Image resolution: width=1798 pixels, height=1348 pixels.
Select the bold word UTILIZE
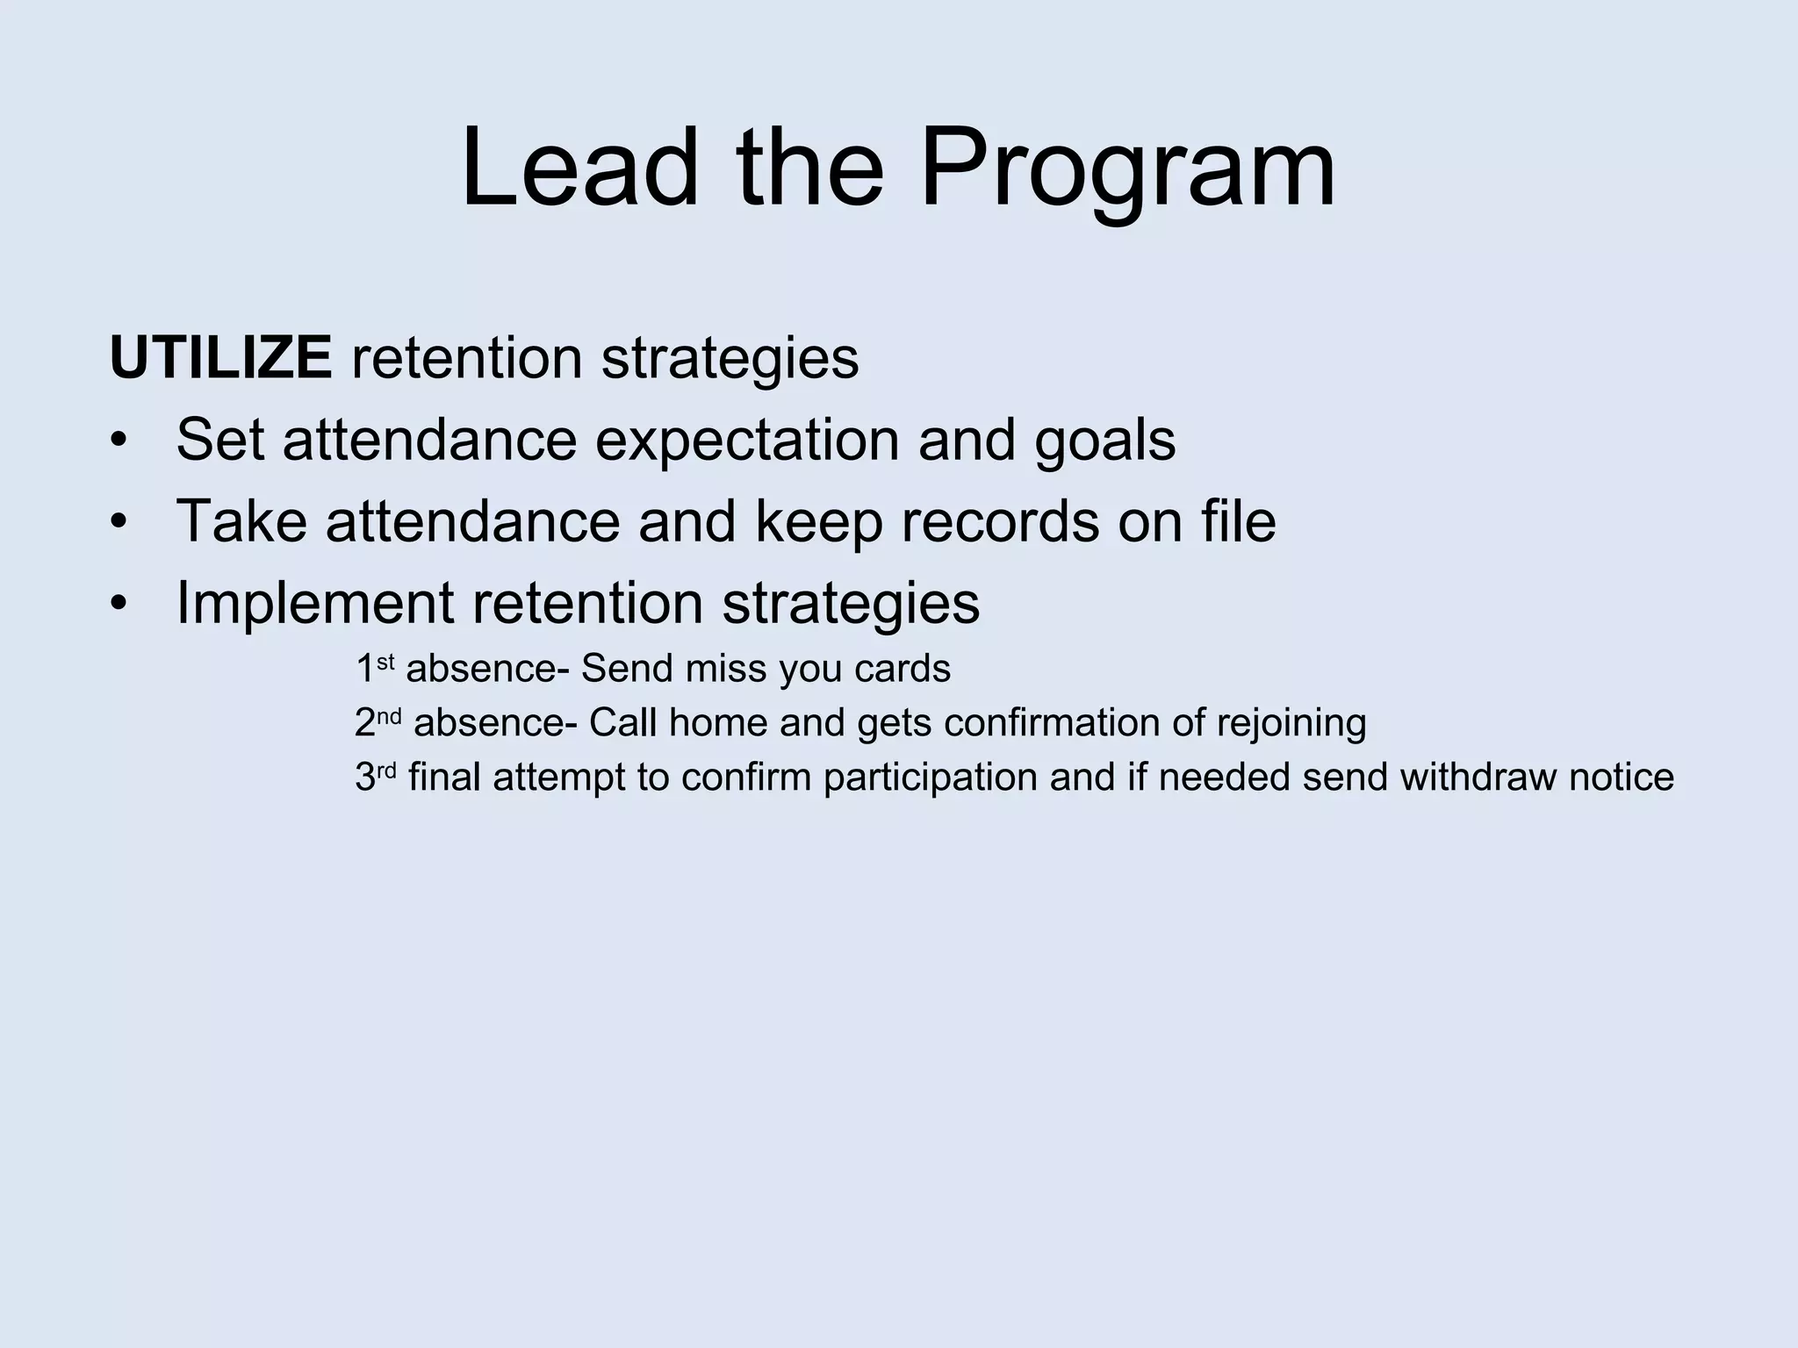click(220, 358)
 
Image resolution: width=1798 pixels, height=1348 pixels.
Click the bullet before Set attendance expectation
click(119, 441)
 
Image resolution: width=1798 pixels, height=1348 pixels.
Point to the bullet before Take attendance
click(119, 522)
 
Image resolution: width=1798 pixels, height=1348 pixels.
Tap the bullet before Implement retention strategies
click(119, 604)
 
